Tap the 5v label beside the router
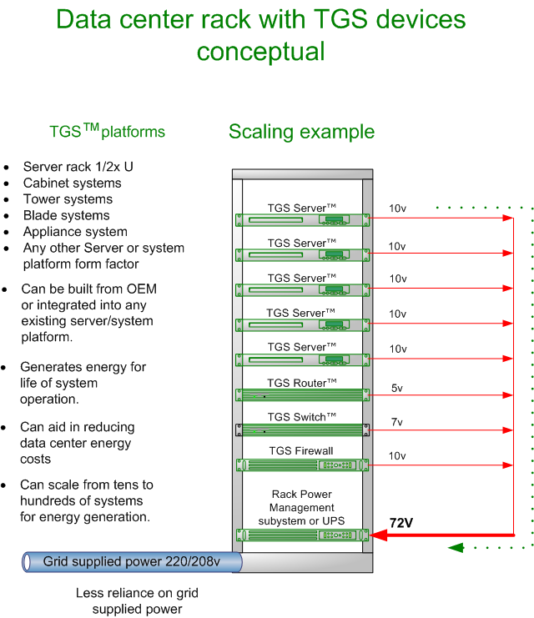point(396,388)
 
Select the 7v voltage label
point(396,422)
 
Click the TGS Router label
point(301,383)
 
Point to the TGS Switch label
point(301,417)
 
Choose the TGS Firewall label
point(301,451)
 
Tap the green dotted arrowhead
point(456,548)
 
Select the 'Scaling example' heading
point(301,132)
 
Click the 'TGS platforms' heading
point(107,131)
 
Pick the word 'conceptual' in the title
point(260,52)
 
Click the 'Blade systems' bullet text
point(66,215)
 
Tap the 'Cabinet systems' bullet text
point(72,183)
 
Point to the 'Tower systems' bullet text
point(68,199)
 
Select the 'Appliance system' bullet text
point(75,232)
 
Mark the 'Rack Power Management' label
point(301,507)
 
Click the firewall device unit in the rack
point(301,465)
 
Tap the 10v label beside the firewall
point(397,456)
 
